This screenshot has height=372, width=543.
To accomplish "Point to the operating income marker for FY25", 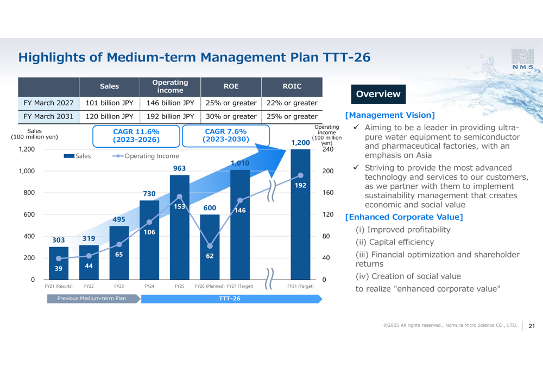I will [180, 197].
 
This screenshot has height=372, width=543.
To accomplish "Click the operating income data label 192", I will [300, 186].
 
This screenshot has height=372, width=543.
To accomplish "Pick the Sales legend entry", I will [77, 156].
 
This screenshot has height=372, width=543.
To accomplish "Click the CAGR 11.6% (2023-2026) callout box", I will [136, 136].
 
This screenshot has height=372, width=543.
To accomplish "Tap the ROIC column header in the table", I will [292, 86].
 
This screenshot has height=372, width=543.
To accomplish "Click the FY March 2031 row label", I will [48, 116].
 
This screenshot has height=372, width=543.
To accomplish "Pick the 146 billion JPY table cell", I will [170, 103].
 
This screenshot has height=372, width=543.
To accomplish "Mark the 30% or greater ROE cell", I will [231, 116].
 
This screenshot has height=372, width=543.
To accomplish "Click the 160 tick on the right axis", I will [327, 193].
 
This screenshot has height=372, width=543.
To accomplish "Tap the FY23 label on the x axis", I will [119, 286].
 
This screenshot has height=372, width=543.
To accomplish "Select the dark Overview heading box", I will [378, 94].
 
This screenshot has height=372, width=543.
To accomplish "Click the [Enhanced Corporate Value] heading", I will [404, 217].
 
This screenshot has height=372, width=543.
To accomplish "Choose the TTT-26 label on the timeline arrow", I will [229, 299].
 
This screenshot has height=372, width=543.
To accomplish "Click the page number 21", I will [532, 326].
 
